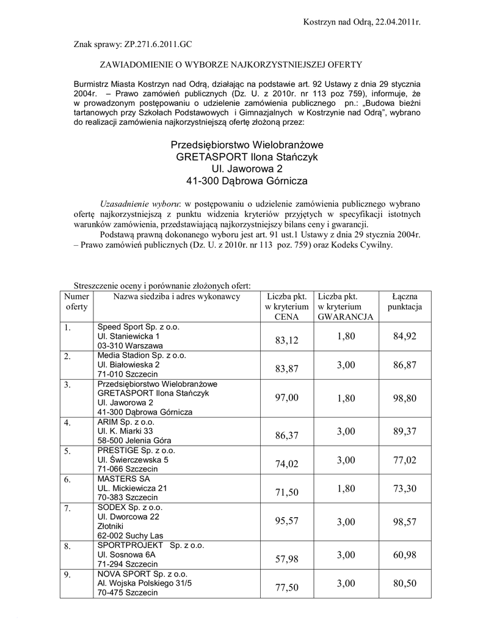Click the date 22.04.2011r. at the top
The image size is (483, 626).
pos(396,22)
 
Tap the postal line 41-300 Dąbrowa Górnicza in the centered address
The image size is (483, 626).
pos(247,181)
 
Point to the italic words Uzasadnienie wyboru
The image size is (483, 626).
pos(139,202)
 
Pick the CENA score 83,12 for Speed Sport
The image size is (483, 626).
pos(286,341)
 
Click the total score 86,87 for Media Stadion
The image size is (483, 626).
pos(405,364)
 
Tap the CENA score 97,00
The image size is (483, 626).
pos(286,398)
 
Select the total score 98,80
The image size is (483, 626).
pos(405,398)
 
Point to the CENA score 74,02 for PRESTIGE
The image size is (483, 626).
pos(286,464)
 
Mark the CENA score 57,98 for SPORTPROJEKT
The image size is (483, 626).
pos(286,559)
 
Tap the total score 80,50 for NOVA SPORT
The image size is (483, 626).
pos(405,584)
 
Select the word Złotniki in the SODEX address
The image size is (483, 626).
pos(111,525)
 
